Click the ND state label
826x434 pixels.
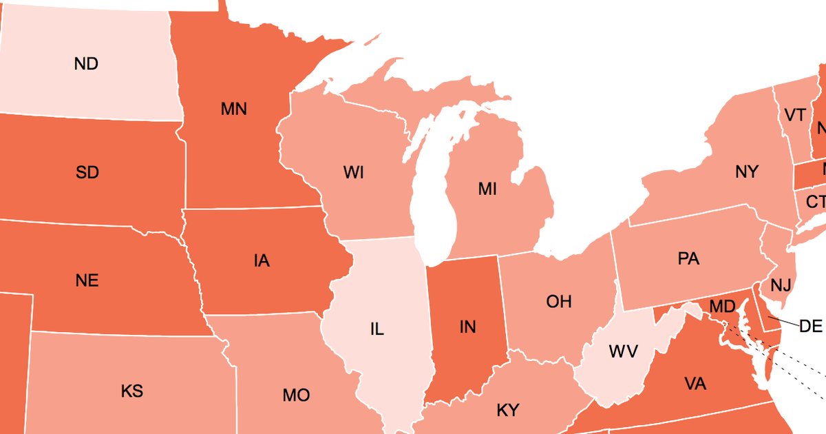[86, 64]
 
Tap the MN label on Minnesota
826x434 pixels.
[234, 109]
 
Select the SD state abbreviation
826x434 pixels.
[87, 173]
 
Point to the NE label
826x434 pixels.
[87, 281]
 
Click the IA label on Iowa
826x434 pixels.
[261, 261]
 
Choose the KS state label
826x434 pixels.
[131, 392]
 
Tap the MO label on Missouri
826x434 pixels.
[296, 396]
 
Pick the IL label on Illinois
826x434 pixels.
[377, 329]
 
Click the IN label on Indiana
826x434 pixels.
[467, 327]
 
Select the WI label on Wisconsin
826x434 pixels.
[353, 173]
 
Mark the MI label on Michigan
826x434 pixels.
[487, 189]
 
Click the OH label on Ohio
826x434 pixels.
[559, 302]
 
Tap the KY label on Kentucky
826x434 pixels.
[508, 411]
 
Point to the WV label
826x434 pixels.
[624, 351]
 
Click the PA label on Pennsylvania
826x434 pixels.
[688, 259]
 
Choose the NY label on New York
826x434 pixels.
[746, 172]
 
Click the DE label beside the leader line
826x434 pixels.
[811, 327]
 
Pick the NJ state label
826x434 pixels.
[781, 285]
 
